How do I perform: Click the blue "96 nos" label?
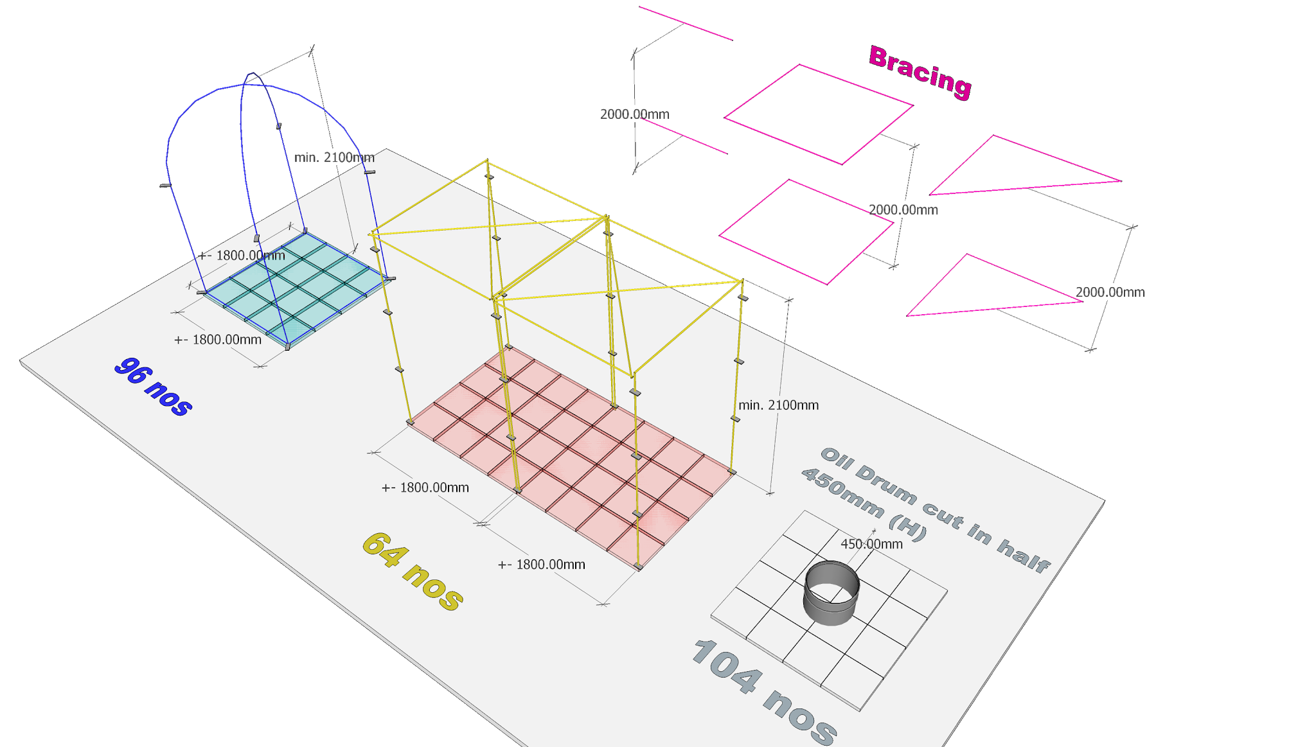click(x=153, y=387)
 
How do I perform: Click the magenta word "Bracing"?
click(x=919, y=73)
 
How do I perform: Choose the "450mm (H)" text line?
click(x=864, y=504)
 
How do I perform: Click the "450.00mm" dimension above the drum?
click(x=871, y=544)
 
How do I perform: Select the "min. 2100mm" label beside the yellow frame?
click(x=778, y=405)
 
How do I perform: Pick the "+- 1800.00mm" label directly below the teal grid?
click(x=218, y=340)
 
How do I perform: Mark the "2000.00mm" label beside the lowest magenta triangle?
click(x=1110, y=292)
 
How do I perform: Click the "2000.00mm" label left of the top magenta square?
click(x=634, y=116)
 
